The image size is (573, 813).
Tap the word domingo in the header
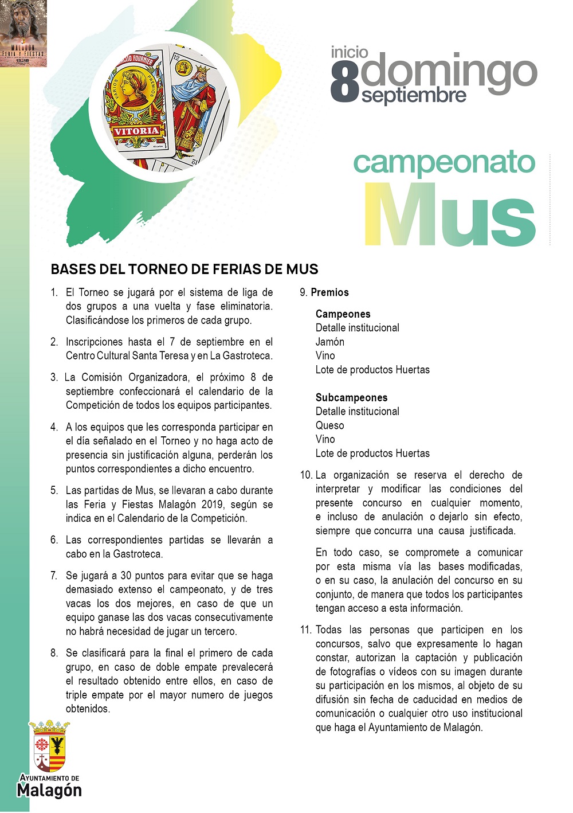449,71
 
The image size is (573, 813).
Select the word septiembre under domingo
414,95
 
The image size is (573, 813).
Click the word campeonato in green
444,163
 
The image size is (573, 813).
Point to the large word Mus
450,216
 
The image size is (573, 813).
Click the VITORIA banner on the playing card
136,131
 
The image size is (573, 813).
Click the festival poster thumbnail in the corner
23,33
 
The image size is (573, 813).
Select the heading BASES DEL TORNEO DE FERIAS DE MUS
185,269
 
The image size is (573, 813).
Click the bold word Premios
329,292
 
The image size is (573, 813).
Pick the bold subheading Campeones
343,314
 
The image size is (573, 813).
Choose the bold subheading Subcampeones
351,397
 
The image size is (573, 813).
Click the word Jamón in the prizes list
330,342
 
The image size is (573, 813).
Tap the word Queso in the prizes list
329,425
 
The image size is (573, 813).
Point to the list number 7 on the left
54,576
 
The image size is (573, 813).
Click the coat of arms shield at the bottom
49,746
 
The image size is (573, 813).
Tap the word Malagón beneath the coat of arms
49,791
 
